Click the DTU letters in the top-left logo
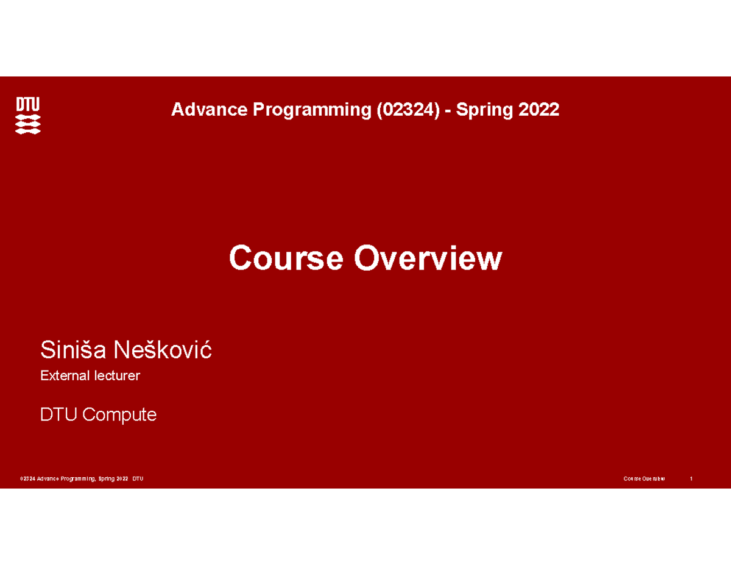pos(28,104)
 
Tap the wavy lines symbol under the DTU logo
pos(28,124)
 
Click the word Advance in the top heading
pos(209,109)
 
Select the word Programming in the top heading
pos(312,111)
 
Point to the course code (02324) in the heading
pos(408,110)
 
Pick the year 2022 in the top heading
pos(539,109)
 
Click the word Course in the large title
pos(286,258)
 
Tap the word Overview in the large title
pos(428,258)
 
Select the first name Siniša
pos(73,350)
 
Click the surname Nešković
pos(163,350)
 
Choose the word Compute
pos(119,415)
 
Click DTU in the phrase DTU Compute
pos(59,414)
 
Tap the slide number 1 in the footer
pos(691,478)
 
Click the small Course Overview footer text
pos(644,478)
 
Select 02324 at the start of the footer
pos(27,478)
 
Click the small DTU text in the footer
pos(138,478)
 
